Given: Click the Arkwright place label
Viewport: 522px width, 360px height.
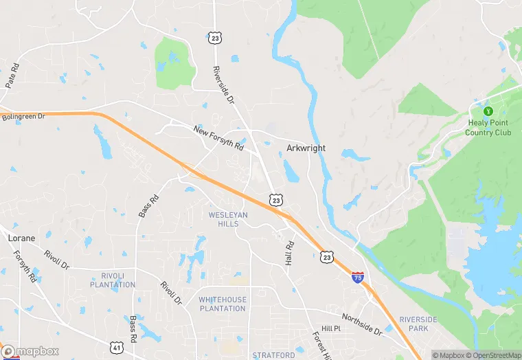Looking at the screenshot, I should coord(306,148).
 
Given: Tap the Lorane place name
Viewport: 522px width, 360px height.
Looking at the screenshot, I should coord(21,238).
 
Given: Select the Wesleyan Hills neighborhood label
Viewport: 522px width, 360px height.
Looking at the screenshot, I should coord(228,219).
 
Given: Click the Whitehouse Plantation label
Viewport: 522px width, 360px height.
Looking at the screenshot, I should coord(222,304).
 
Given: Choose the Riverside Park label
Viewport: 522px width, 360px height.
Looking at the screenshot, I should coord(418,324).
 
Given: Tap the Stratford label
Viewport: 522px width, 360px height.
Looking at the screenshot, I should coord(273,355).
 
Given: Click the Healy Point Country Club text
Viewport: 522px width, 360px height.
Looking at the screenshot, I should coord(490,128).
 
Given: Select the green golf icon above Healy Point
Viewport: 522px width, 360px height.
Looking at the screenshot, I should coord(489,111).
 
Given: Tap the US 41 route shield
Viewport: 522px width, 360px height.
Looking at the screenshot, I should coord(119,348).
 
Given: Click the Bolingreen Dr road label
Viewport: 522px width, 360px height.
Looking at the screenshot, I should coord(23,117).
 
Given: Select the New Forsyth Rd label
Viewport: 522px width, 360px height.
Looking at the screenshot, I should coord(218,137).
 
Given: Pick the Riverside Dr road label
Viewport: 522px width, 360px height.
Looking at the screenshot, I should coord(224,83).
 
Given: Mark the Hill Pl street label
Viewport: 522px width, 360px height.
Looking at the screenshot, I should coord(331,329).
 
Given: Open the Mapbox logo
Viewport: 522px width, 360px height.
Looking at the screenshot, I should coord(31,351).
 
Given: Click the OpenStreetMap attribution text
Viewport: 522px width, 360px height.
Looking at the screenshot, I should coord(493,355).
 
